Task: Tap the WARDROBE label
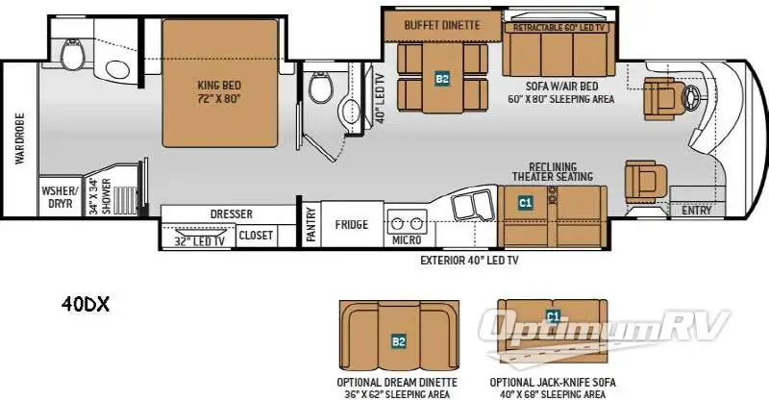[x=19, y=138]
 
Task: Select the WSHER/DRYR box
[x=60, y=196]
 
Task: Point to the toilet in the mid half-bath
[x=321, y=88]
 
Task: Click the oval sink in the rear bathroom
[x=117, y=70]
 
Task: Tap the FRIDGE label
[x=351, y=225]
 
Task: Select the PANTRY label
[x=310, y=224]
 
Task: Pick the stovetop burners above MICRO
[x=407, y=224]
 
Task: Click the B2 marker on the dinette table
[x=442, y=79]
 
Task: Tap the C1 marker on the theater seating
[x=525, y=202]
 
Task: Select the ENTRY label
[x=696, y=210]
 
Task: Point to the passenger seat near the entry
[x=645, y=180]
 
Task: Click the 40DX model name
[x=86, y=305]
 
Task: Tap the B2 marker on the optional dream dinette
[x=399, y=341]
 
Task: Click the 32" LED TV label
[x=200, y=241]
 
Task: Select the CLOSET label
[x=256, y=236]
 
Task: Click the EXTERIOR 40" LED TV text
[x=469, y=261]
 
